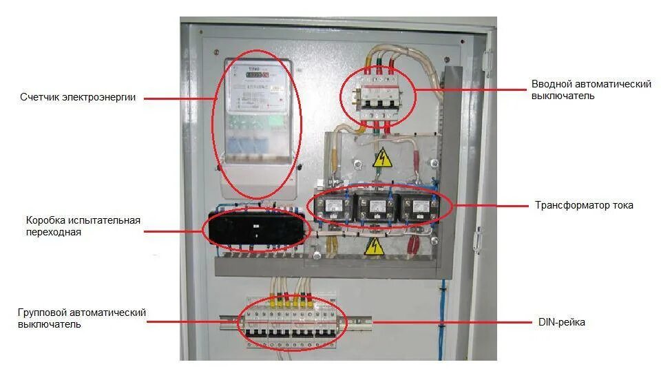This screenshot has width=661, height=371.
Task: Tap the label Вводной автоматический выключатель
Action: (x=591, y=89)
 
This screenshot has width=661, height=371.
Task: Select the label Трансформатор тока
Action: (x=584, y=205)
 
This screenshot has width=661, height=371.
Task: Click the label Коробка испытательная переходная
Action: (x=83, y=226)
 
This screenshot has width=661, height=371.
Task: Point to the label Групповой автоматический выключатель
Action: (x=82, y=318)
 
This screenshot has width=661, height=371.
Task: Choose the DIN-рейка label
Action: (x=561, y=321)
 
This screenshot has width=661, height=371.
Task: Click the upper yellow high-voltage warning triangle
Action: (x=381, y=159)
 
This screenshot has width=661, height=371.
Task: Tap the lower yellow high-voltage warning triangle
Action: (x=373, y=246)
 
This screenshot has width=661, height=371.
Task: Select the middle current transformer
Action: (x=376, y=207)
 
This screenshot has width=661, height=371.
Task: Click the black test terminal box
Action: (x=256, y=228)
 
